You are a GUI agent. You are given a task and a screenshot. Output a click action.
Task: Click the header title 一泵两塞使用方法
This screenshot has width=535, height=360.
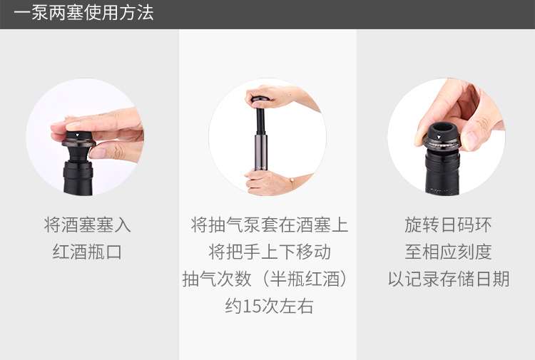tap(83, 13)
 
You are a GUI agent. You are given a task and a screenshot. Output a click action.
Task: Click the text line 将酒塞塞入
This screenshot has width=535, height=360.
tap(87, 225)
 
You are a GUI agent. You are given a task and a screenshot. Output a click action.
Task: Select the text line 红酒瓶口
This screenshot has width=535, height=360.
tap(87, 252)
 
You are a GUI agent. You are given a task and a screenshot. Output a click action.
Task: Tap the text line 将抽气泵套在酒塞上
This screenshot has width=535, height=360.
tap(270, 225)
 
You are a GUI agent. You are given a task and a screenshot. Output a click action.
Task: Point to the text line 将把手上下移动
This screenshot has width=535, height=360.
tap(270, 252)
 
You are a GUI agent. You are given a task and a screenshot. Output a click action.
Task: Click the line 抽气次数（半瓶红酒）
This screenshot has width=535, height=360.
tap(266, 279)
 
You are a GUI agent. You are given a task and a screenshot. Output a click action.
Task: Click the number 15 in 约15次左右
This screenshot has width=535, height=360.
tap(252, 306)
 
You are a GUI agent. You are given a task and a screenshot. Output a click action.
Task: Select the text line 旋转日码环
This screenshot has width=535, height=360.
tap(448, 225)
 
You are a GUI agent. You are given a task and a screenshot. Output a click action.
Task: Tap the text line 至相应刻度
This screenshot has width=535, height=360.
tap(448, 252)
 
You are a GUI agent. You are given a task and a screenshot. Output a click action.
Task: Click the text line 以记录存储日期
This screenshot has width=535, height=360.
tap(449, 279)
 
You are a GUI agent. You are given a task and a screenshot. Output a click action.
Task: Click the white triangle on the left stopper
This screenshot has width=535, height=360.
tap(78, 135)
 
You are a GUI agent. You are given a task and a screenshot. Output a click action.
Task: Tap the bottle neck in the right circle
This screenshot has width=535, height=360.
tap(442, 173)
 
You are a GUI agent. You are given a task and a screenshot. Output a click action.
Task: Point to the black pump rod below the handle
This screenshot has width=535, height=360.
tap(261, 120)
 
